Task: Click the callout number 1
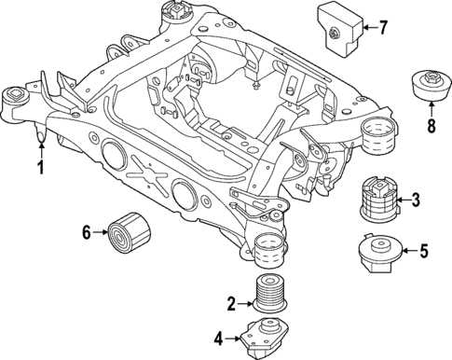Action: (40, 168)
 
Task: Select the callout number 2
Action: (230, 302)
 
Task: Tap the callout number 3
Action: (417, 199)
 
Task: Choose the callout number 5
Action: (422, 250)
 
